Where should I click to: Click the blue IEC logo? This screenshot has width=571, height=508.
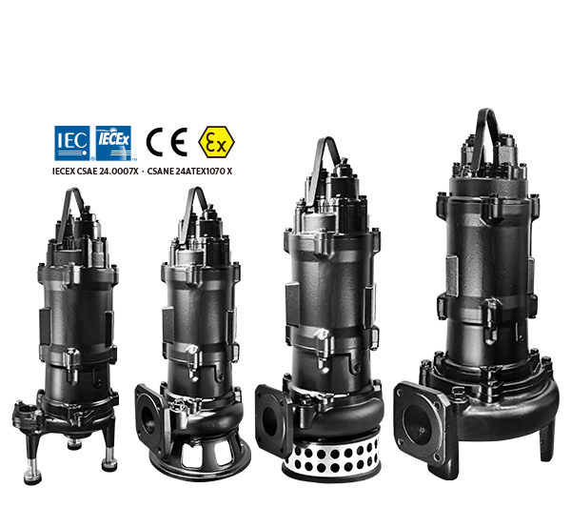click(72, 143)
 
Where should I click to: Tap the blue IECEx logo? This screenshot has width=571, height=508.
click(113, 143)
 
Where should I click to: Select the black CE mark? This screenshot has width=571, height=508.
click(167, 142)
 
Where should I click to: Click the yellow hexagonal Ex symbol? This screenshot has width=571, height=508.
click(216, 142)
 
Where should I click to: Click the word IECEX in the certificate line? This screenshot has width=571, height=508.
click(64, 171)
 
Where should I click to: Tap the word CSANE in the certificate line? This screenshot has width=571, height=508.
click(160, 171)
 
